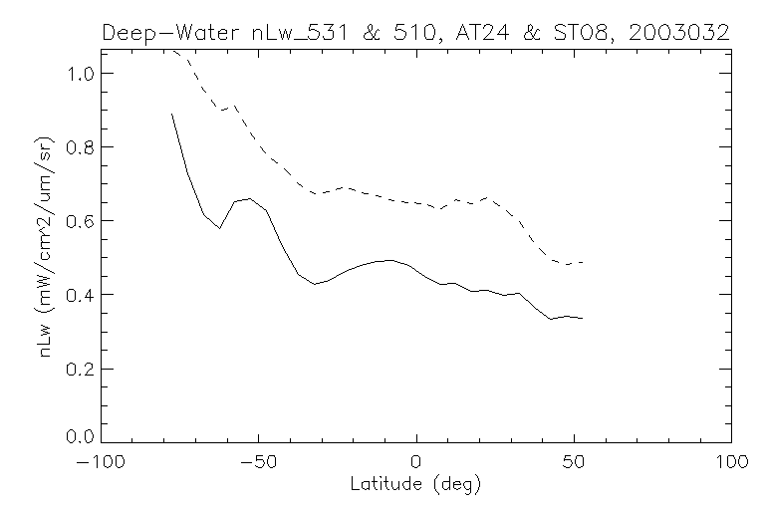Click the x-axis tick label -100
click(x=100, y=462)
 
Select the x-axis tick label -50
click(x=257, y=462)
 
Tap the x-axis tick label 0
click(x=415, y=462)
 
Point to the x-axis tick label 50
click(x=574, y=462)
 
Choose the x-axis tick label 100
click(x=731, y=462)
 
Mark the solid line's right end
click(x=583, y=319)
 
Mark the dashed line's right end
click(x=583, y=262)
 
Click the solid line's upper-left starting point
click(x=172, y=114)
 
